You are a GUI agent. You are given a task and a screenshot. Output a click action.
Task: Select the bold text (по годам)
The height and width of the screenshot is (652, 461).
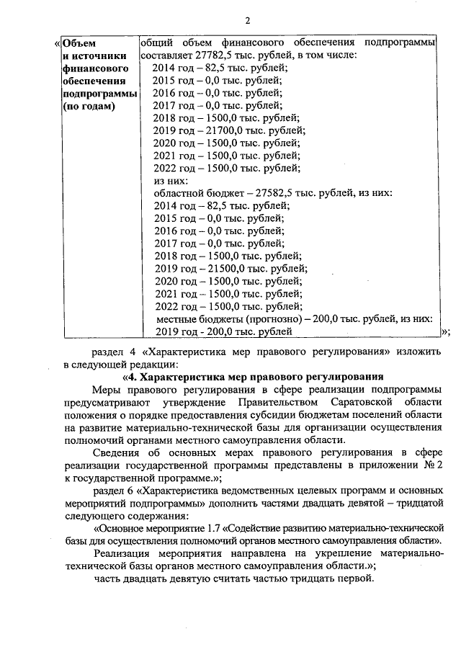pyautogui.click(x=89, y=107)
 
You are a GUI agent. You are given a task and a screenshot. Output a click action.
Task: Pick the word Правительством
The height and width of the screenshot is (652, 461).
pyautogui.click(x=269, y=402)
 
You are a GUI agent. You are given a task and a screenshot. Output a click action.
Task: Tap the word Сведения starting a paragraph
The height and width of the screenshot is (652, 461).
pyautogui.click(x=117, y=453)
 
